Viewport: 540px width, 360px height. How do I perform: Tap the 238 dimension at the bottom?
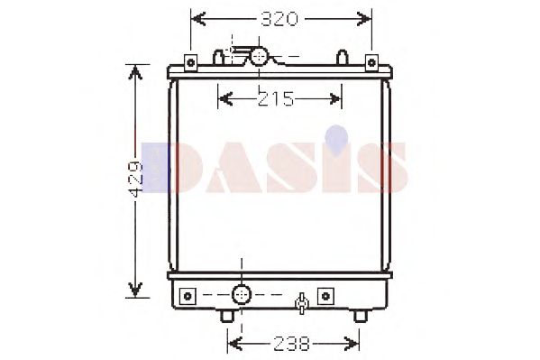point(293,343)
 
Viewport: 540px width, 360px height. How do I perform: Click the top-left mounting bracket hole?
point(190,61)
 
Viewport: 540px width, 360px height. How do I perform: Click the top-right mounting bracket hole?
point(371,61)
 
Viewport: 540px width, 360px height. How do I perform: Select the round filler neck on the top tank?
point(260,57)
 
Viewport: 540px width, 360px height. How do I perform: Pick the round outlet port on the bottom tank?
point(242,294)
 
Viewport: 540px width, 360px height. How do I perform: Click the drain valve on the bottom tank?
point(304,300)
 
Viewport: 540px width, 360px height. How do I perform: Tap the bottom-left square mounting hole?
point(188,294)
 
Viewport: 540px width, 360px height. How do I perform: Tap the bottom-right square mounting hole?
point(325,294)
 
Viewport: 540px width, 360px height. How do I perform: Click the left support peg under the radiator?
point(225,315)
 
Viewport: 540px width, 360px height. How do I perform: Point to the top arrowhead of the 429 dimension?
point(135,72)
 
